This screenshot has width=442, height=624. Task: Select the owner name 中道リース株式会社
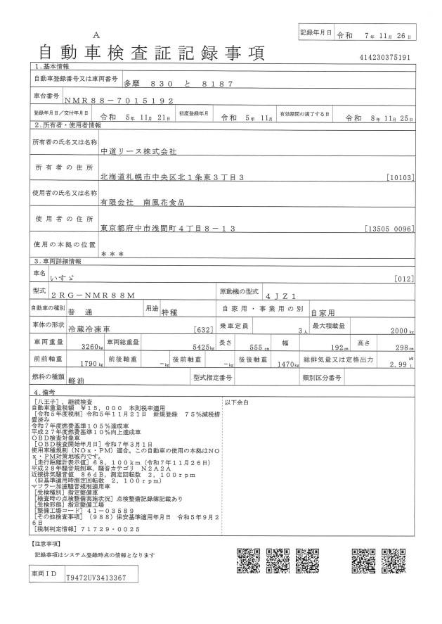coord(139,151)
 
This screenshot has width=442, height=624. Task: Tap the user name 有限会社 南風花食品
coord(141,202)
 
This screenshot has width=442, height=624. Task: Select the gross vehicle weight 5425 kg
coord(198,347)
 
